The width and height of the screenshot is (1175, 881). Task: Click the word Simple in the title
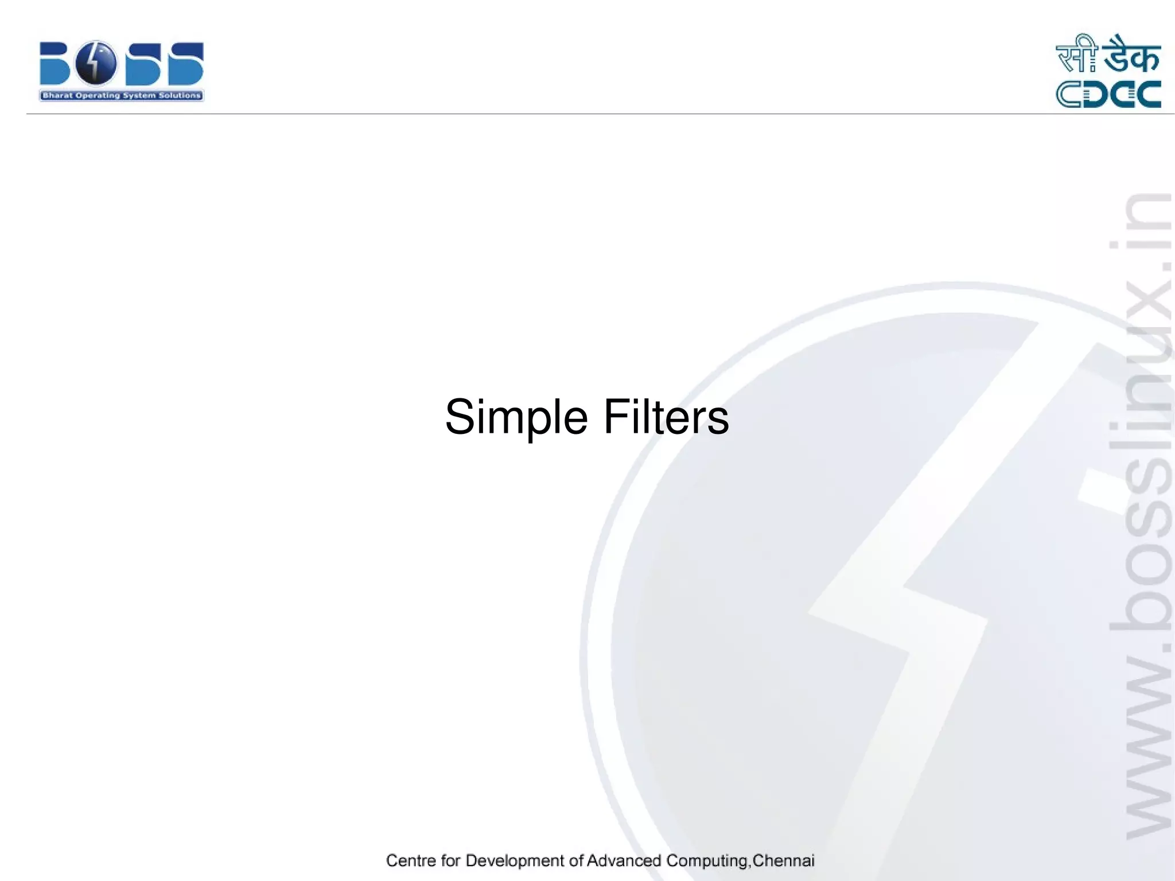(x=516, y=418)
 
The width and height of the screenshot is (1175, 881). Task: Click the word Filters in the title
(x=666, y=417)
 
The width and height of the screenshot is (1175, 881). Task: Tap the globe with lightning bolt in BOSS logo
(x=96, y=63)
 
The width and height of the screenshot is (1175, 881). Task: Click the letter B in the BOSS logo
(x=55, y=64)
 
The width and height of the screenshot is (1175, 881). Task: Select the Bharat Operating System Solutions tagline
(x=121, y=96)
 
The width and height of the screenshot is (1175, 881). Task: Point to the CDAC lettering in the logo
(x=1108, y=95)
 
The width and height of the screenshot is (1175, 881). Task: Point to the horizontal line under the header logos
(x=574, y=114)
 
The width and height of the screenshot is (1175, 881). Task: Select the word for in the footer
(x=451, y=861)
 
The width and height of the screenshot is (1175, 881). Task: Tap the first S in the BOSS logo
(x=143, y=64)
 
